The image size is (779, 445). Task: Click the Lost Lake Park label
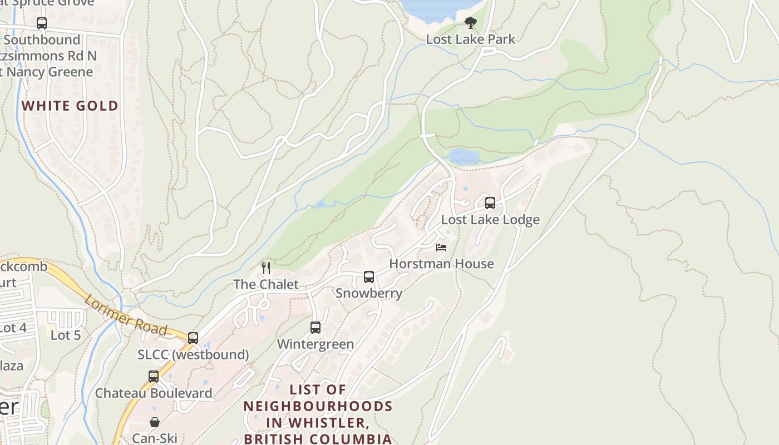[471, 39]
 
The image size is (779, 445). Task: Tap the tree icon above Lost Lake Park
[471, 23]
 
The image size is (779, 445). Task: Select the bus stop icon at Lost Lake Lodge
[490, 203]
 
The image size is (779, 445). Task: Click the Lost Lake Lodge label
[490, 220]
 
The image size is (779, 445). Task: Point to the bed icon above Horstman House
[441, 247]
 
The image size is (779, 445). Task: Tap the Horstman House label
[441, 264]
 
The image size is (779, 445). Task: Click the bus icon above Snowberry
[368, 277]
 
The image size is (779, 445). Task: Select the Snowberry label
[368, 293]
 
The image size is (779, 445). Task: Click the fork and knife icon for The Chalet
[266, 268]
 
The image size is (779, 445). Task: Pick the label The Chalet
[266, 284]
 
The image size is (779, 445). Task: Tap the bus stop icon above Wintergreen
[315, 328]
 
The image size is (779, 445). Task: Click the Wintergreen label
[315, 344]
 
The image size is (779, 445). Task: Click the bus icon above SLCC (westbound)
[193, 338]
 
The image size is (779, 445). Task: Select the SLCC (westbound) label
[193, 354]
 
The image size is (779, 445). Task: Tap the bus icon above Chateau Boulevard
[154, 377]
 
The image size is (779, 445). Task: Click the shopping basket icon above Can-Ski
[155, 422]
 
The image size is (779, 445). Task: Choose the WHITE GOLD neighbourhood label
[70, 106]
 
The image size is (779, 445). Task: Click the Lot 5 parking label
[66, 335]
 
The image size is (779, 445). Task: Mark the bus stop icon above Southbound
[42, 23]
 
